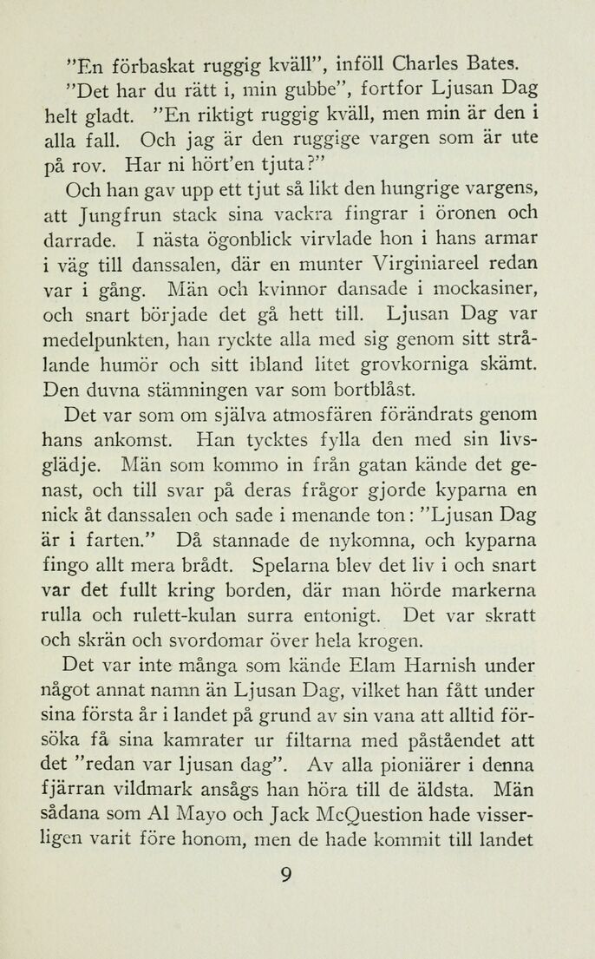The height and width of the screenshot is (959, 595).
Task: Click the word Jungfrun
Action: pyautogui.click(x=91, y=213)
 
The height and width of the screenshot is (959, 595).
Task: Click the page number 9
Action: pyautogui.click(x=286, y=875)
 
